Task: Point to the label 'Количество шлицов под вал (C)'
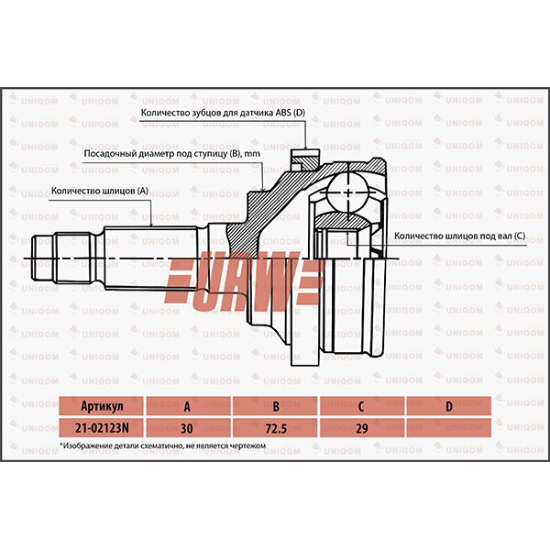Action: [459, 236]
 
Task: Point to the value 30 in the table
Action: [188, 427]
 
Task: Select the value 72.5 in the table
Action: [275, 427]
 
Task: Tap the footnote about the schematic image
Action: [162, 445]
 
